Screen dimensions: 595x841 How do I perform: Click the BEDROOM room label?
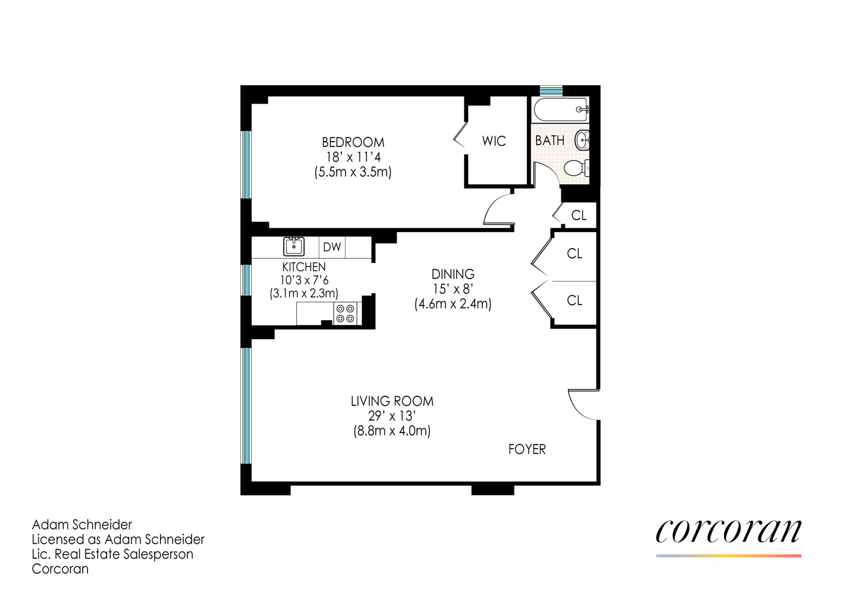[353, 142]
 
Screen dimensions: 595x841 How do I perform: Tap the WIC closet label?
[494, 141]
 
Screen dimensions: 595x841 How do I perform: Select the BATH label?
[550, 140]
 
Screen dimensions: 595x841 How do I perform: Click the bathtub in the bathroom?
[561, 109]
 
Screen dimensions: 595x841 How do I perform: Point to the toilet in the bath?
[575, 168]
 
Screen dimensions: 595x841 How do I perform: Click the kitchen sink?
[294, 246]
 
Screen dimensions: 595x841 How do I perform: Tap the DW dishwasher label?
[332, 247]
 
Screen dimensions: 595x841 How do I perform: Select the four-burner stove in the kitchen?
[346, 314]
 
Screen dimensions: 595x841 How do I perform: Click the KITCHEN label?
[304, 267]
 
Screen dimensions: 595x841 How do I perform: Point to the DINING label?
[453, 274]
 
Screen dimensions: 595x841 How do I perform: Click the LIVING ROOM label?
[392, 401]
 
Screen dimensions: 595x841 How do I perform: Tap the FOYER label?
[527, 449]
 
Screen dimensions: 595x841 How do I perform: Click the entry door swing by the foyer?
[582, 405]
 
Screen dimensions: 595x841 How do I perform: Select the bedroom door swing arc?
[497, 211]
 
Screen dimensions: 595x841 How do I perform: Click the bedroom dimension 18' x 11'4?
[353, 157]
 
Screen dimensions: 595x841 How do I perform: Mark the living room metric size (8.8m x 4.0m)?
[392, 431]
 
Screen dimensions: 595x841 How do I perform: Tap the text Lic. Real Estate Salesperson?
[112, 554]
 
